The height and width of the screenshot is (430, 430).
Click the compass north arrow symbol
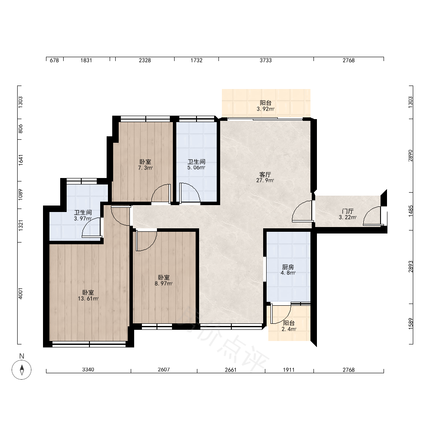click(21, 369)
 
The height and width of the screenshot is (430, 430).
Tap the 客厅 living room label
click(265, 175)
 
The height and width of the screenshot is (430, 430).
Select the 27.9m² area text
click(265, 181)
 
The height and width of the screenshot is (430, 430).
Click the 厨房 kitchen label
click(288, 267)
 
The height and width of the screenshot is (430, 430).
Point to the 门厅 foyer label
click(348, 211)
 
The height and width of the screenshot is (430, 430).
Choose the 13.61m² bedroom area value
click(88, 299)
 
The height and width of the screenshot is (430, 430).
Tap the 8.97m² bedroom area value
click(163, 283)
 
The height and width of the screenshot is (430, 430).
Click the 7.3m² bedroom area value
click(145, 168)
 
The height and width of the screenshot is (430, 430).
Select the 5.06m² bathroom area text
click(197, 168)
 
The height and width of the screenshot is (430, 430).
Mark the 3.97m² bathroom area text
click(83, 218)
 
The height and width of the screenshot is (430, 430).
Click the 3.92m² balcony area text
click(266, 109)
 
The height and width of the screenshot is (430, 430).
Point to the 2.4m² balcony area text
click(289, 329)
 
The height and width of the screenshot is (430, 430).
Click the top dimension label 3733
click(266, 60)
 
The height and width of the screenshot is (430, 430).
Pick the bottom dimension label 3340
click(88, 370)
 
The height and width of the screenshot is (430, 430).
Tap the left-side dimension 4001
click(21, 293)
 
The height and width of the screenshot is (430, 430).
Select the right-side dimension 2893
click(411, 267)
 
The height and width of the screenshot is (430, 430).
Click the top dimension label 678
click(54, 60)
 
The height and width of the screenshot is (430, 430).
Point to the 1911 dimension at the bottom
click(289, 370)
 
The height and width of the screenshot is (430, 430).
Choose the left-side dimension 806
click(21, 129)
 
